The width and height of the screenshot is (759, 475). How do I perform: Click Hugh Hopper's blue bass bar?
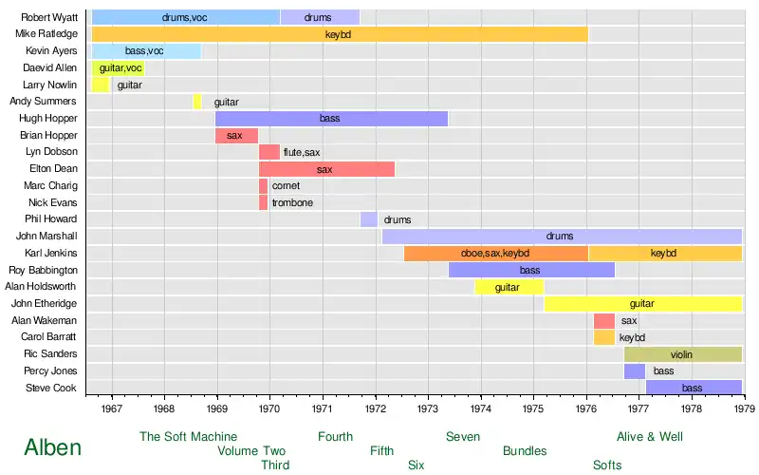331,119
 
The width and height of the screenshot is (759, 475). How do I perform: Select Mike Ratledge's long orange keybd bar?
340,34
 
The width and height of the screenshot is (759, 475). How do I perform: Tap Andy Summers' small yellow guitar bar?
197,102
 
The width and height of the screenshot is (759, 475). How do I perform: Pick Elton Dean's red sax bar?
326,169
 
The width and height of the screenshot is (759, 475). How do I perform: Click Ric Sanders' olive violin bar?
682,354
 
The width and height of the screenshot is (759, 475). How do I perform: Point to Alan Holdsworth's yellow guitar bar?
509,287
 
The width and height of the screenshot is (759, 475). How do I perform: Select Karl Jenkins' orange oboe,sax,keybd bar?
495,254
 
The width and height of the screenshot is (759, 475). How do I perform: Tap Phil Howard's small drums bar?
368,219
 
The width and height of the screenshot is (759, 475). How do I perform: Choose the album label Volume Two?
251,451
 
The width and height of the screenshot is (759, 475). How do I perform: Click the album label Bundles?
525,451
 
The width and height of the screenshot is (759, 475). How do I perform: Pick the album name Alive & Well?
649,437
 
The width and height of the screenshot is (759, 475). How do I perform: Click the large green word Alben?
53,447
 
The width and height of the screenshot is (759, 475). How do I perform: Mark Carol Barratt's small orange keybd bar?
603,337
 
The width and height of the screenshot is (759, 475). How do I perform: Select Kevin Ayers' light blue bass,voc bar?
146,51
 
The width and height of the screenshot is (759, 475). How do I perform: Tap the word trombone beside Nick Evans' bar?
292,203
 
